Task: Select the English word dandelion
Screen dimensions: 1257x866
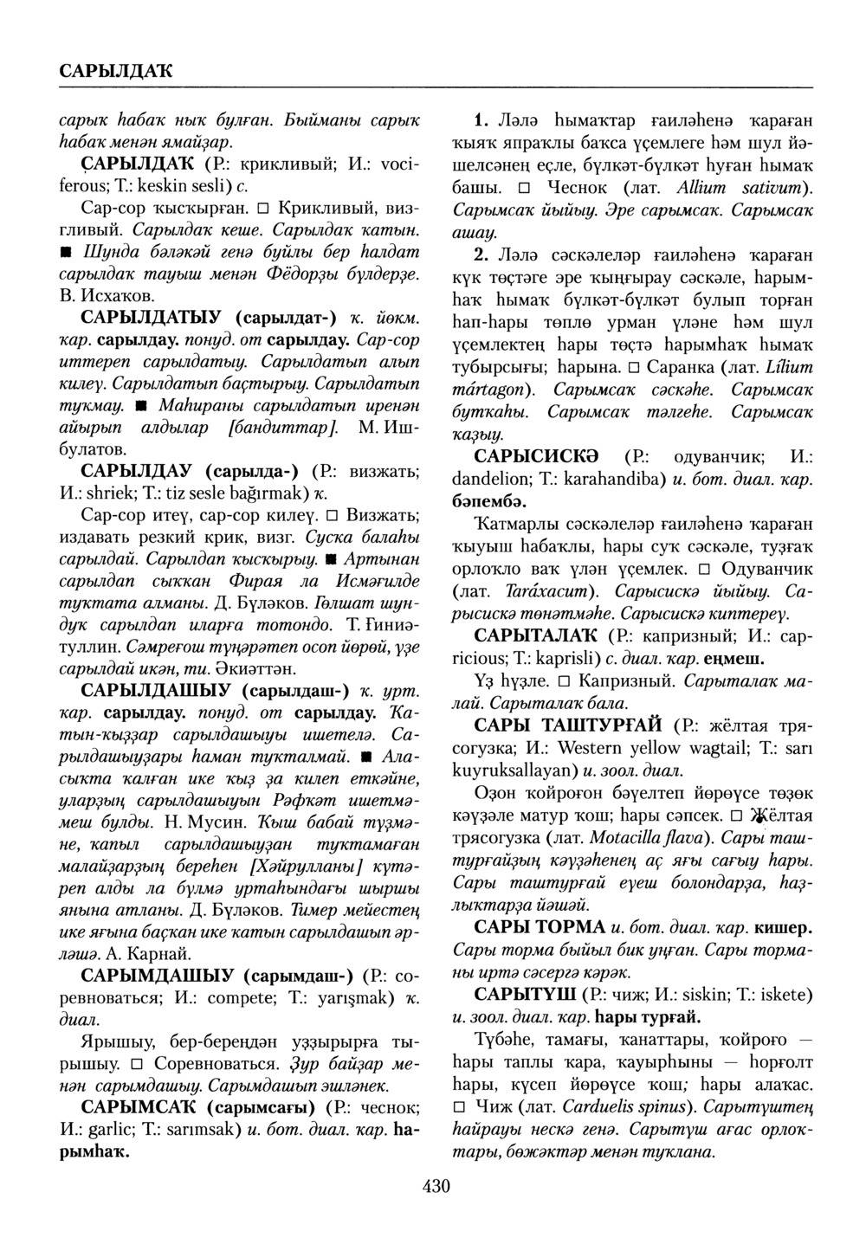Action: click(490, 478)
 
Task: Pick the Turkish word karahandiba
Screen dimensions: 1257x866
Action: click(612, 478)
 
